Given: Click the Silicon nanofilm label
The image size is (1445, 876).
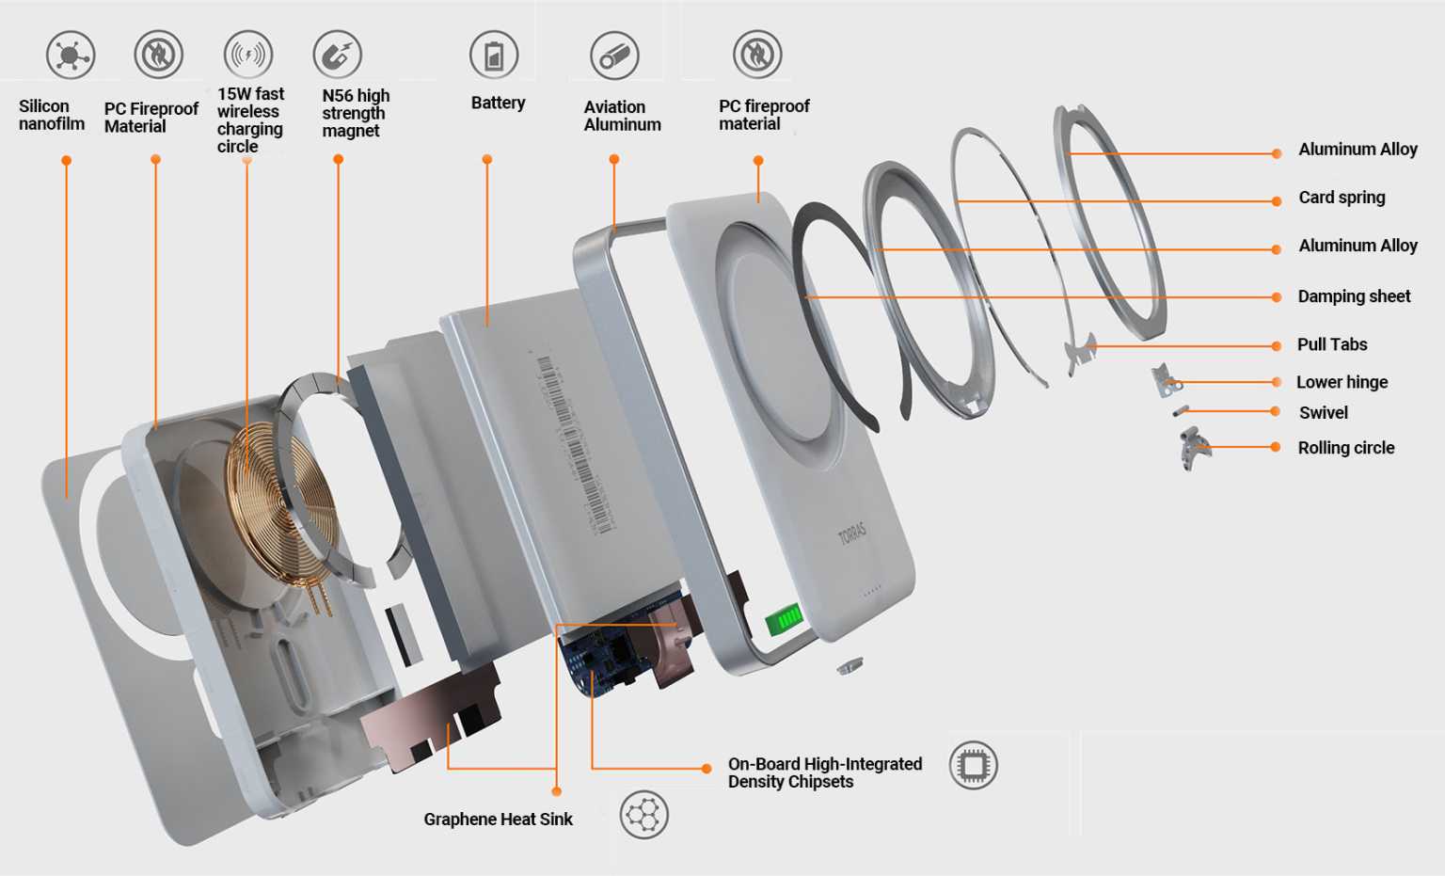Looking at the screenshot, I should pos(52,115).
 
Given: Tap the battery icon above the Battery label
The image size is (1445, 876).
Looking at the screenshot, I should pos(494,56).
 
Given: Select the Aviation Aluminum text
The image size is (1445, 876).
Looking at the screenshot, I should pos(622,116).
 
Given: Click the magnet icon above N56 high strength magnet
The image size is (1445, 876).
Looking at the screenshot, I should pos(337,55).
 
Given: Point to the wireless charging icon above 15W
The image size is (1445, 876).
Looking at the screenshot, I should pos(247,55).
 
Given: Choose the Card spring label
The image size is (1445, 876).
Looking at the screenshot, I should pos(1342,198).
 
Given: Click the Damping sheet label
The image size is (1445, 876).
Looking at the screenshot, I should pos(1354,296).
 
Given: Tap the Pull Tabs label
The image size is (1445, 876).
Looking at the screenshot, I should pos(1332,344).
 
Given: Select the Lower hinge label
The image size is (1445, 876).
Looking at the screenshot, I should pos(1342,382).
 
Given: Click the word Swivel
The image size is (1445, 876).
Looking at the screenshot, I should pos(1323,413).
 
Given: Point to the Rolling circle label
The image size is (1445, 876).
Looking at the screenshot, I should pos(1345,448).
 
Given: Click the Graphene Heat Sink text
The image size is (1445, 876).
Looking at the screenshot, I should pos(498,820).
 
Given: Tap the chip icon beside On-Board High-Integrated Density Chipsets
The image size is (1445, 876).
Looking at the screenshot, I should pos(973,766).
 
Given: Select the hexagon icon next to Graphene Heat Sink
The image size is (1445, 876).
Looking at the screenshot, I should pos(644,815).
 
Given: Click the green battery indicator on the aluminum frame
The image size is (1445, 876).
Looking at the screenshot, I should pos(783,619).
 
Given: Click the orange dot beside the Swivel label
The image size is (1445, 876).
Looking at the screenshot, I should pos(1276,411).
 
